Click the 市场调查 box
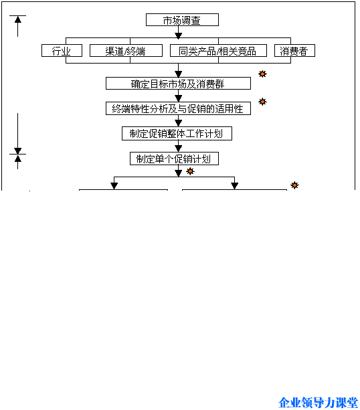point(182,20)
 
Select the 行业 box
point(62,50)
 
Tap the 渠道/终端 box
point(126,50)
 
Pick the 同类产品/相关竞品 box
point(218,50)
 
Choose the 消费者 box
point(294,50)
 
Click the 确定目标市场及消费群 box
point(178,84)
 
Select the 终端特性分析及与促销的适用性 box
point(178,108)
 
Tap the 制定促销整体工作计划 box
point(177,133)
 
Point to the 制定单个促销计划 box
point(174,159)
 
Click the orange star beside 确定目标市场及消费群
point(262,74)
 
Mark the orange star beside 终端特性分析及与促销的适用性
point(262,102)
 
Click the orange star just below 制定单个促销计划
point(190,171)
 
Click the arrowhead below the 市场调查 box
point(178,36)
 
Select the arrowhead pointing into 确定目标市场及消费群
point(178,74)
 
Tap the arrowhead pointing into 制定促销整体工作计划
point(178,124)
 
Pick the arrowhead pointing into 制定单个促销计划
point(178,148)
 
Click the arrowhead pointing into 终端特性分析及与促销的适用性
point(178,98)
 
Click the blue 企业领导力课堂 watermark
point(318,403)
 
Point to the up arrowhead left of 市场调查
point(18,19)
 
